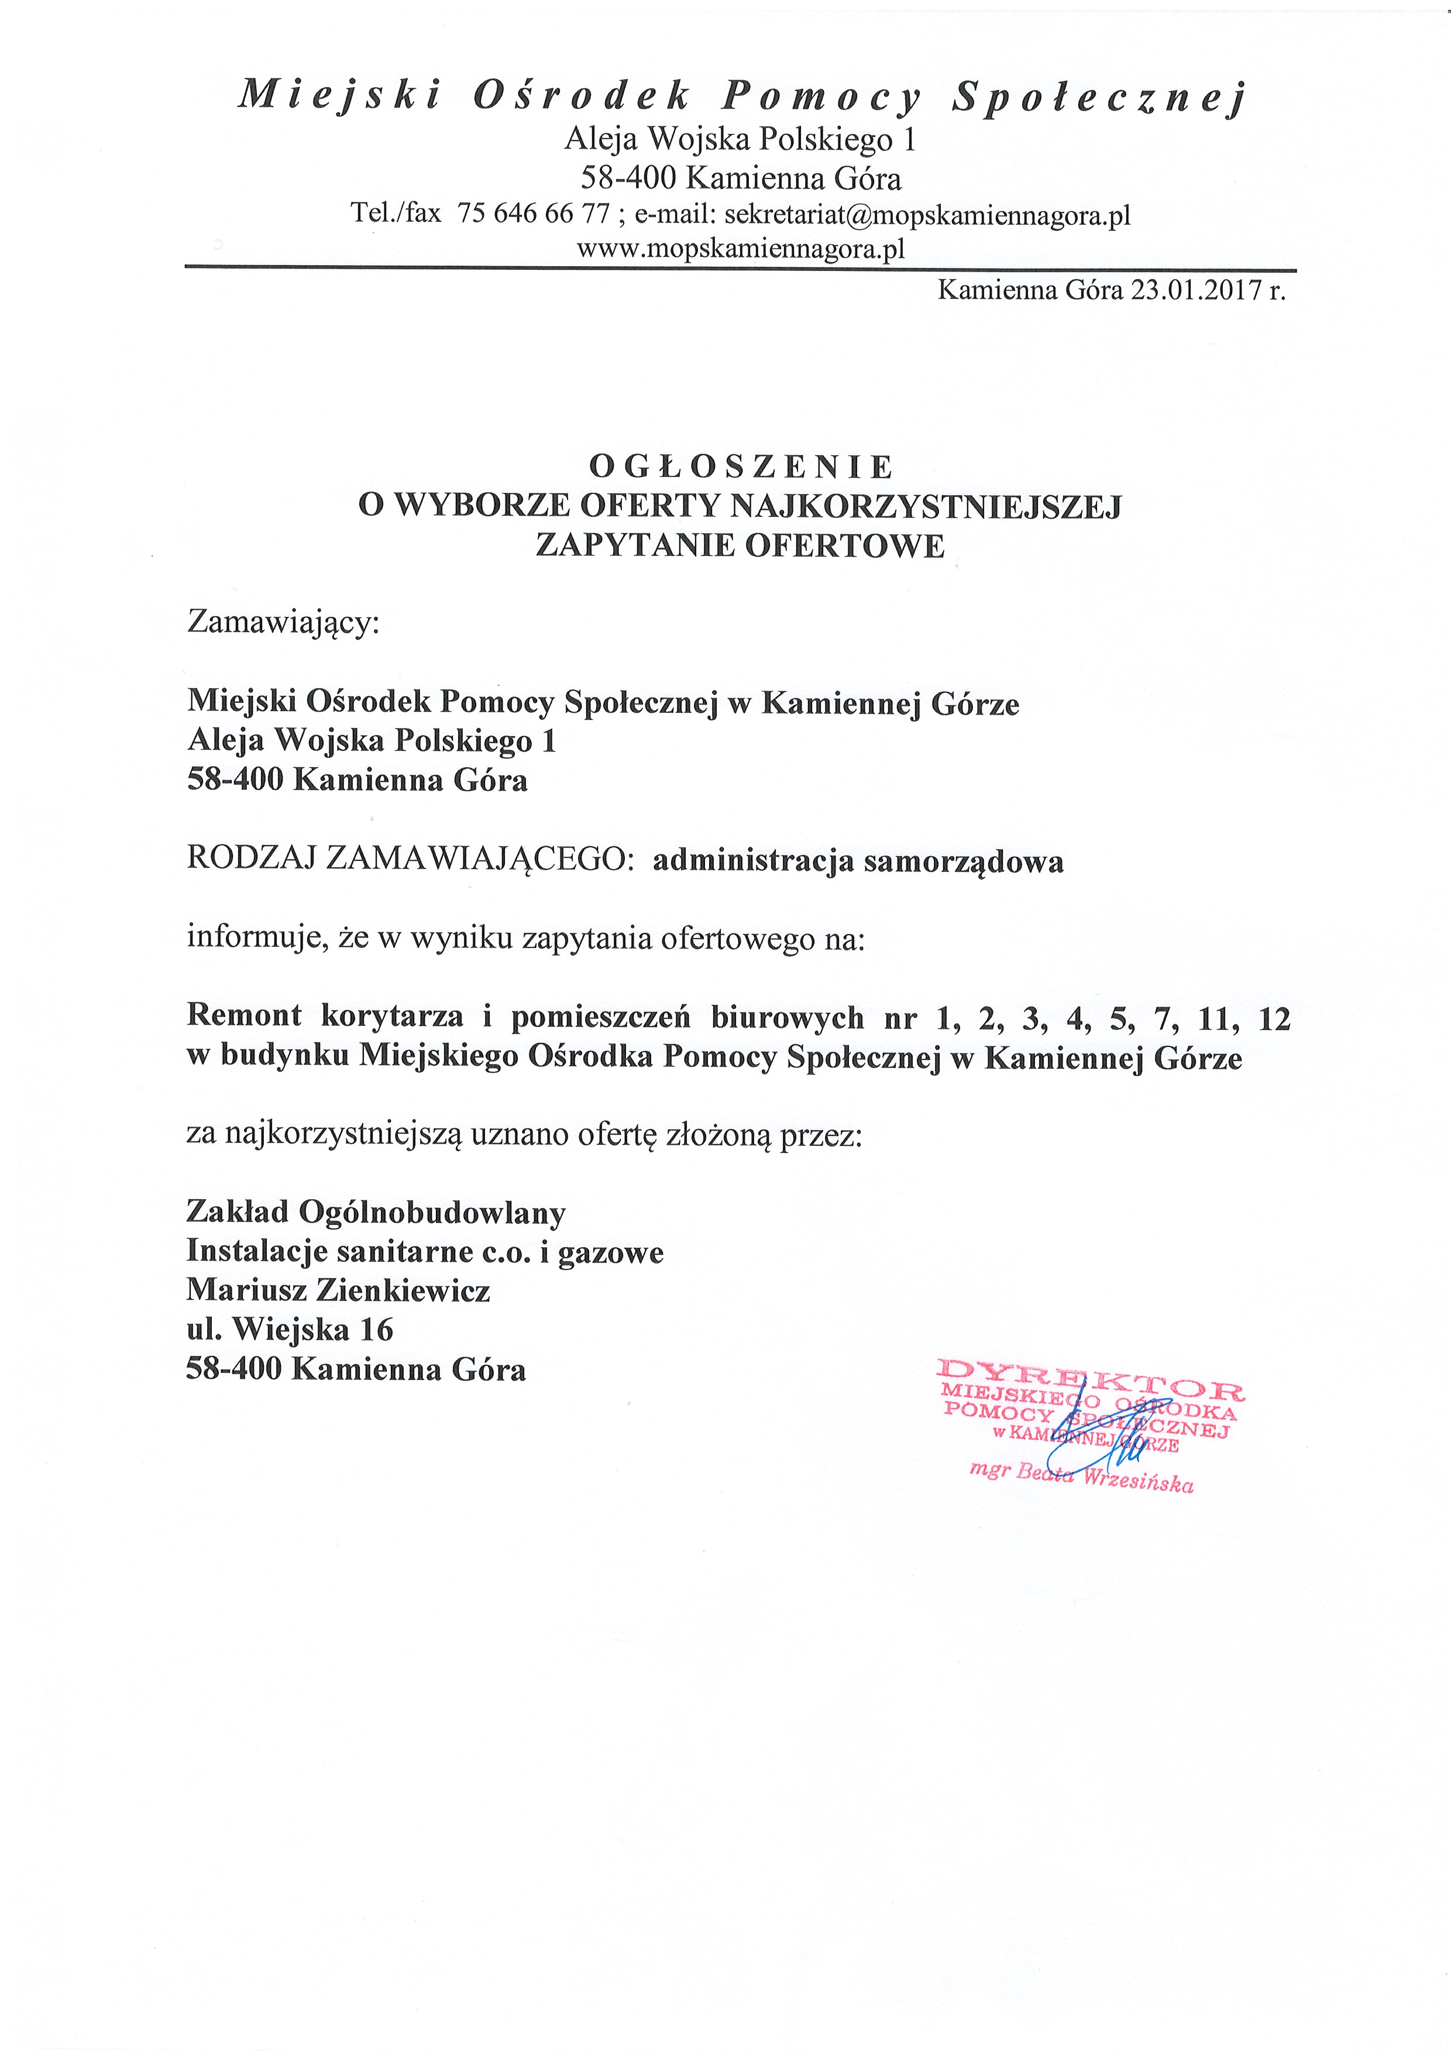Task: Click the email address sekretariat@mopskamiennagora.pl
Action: click(927, 215)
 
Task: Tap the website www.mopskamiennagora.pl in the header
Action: click(741, 249)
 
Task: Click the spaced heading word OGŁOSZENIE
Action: click(740, 467)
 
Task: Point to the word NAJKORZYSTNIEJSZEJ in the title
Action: click(926, 506)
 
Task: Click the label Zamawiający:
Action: click(283, 622)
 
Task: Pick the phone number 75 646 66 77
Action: click(533, 215)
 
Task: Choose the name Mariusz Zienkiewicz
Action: click(338, 1290)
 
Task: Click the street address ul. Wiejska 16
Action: click(290, 1330)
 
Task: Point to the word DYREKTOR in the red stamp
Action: click(1090, 1391)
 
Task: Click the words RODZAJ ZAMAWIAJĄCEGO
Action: click(404, 859)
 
